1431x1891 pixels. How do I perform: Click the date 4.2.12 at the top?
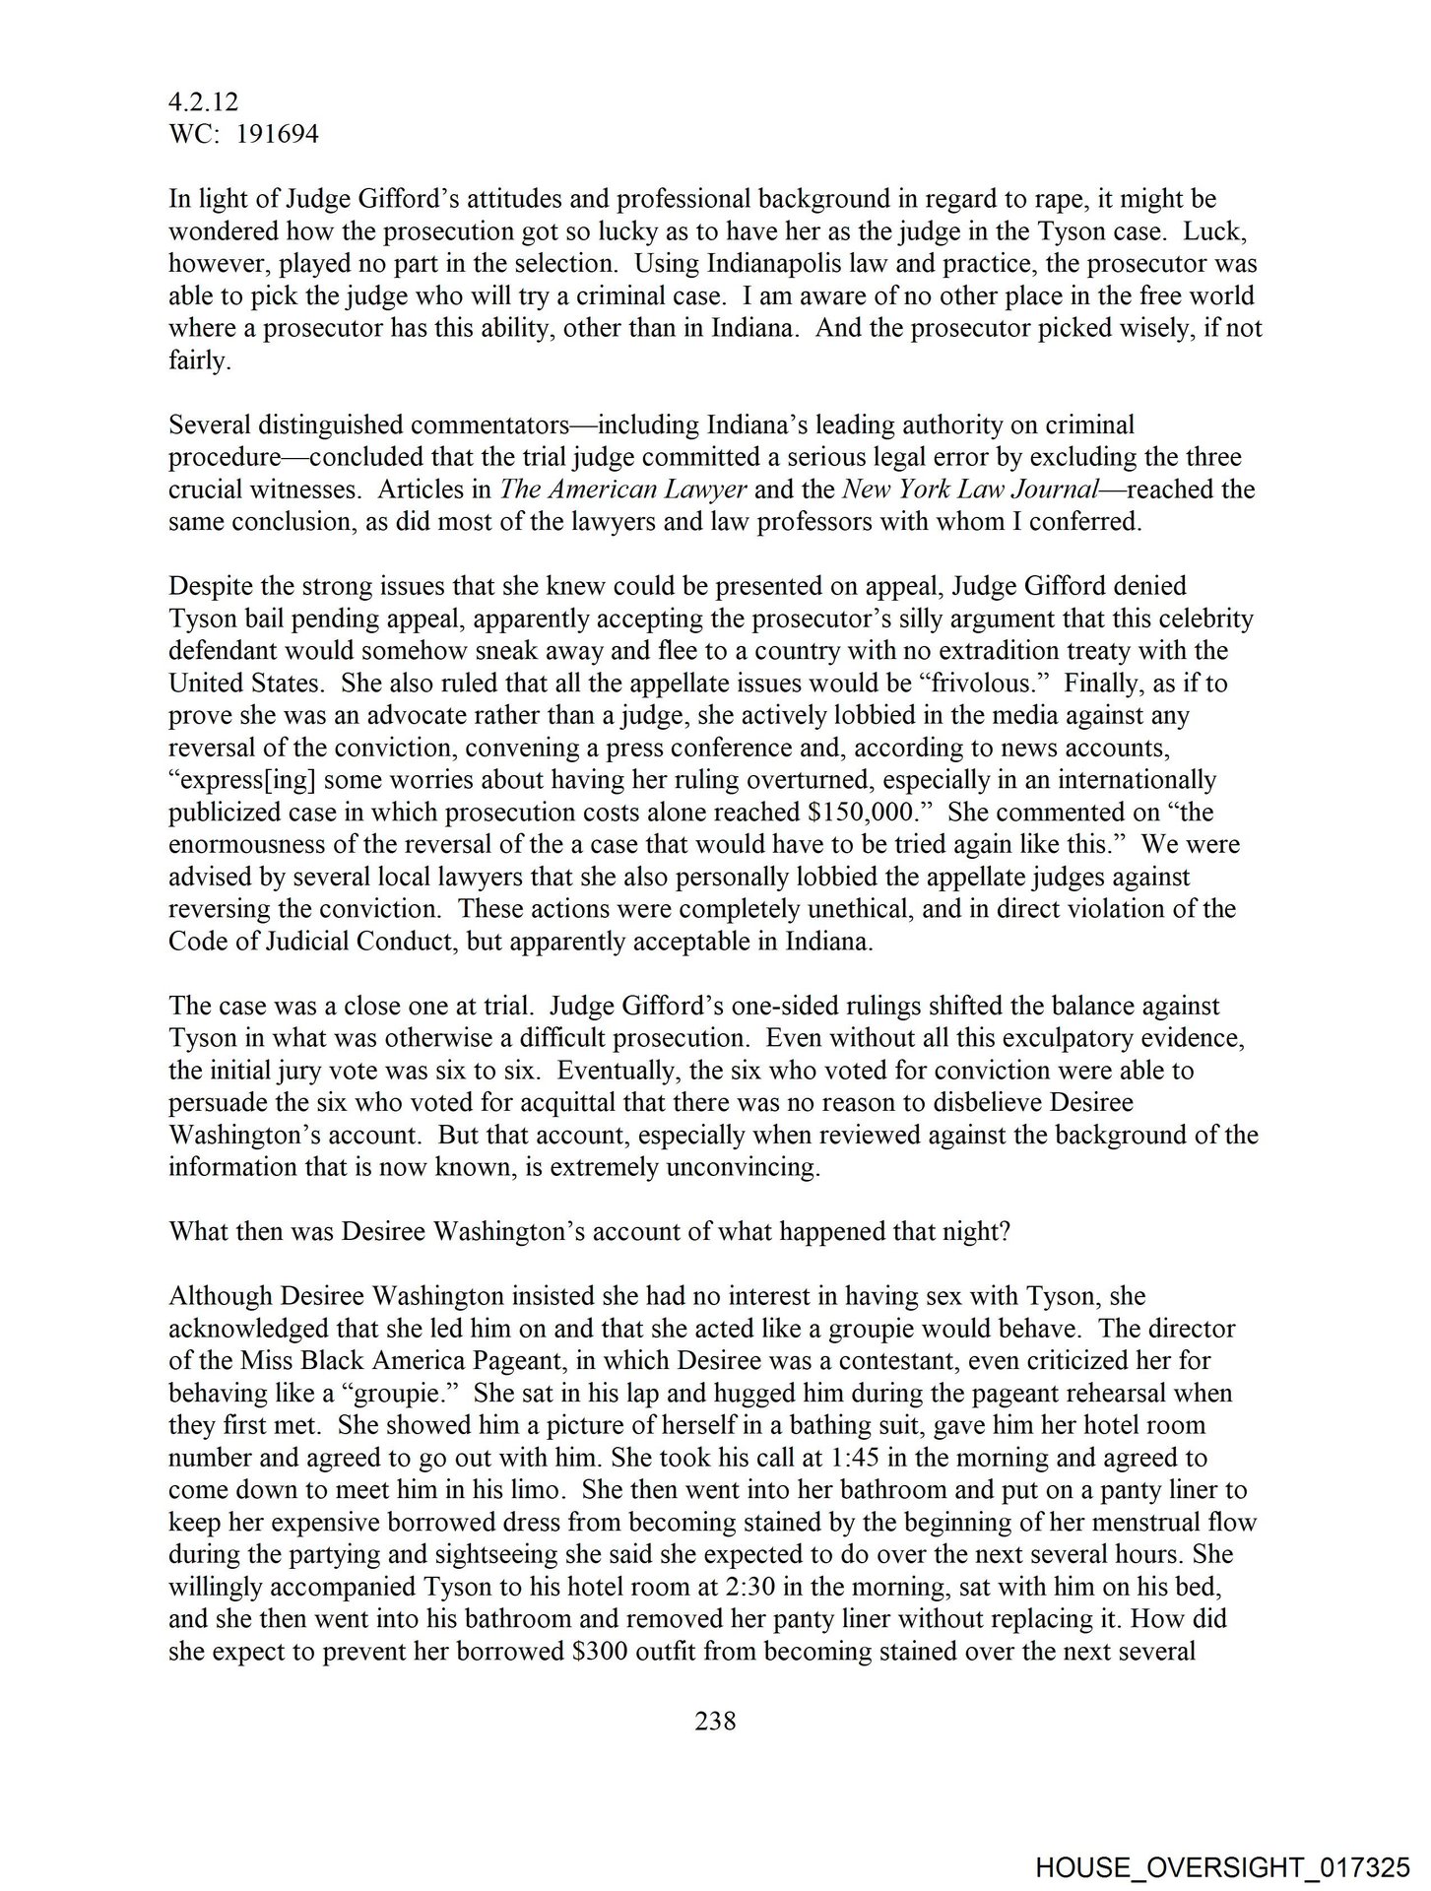[203, 102]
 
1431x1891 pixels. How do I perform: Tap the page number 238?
[716, 1721]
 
